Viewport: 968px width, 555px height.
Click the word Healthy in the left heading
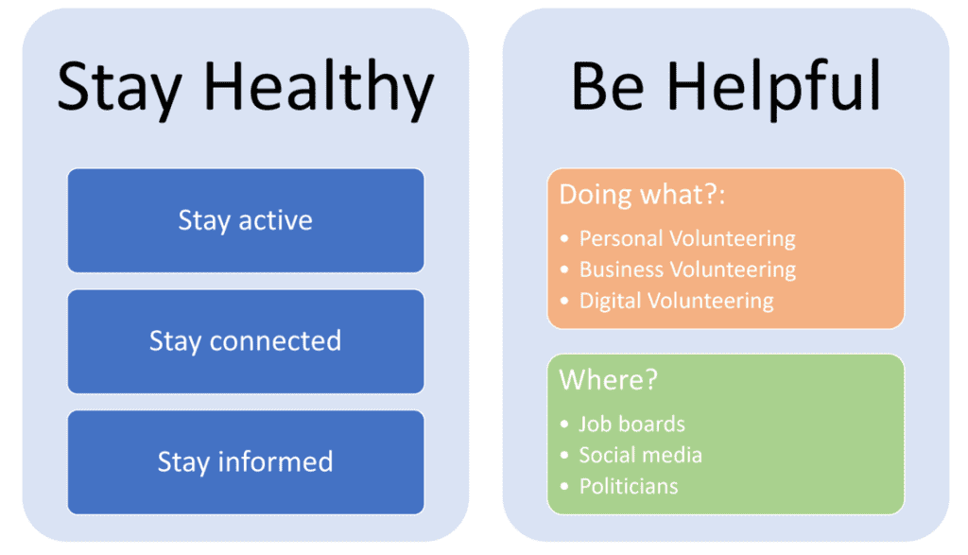pos(319,88)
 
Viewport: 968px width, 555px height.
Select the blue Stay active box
pos(246,220)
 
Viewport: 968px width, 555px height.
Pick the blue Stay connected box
pos(246,341)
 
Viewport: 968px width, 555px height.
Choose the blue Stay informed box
pos(246,462)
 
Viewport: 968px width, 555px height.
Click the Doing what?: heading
pos(642,195)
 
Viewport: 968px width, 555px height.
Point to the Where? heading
pos(608,380)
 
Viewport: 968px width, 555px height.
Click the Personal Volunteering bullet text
pos(687,239)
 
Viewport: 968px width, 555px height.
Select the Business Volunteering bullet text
pos(687,269)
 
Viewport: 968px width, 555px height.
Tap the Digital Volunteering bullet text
pos(676,302)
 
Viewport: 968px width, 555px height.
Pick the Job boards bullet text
pos(631,425)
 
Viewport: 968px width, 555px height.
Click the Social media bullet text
pos(640,455)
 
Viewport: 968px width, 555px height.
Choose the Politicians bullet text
pos(629,487)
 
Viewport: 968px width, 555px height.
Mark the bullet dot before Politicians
pos(564,487)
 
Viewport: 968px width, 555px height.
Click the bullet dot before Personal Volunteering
pos(564,239)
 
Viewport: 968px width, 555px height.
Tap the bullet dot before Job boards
pos(564,425)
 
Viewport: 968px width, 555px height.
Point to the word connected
pos(275,340)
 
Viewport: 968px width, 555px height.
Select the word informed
pos(275,461)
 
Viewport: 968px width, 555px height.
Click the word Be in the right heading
pos(608,87)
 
